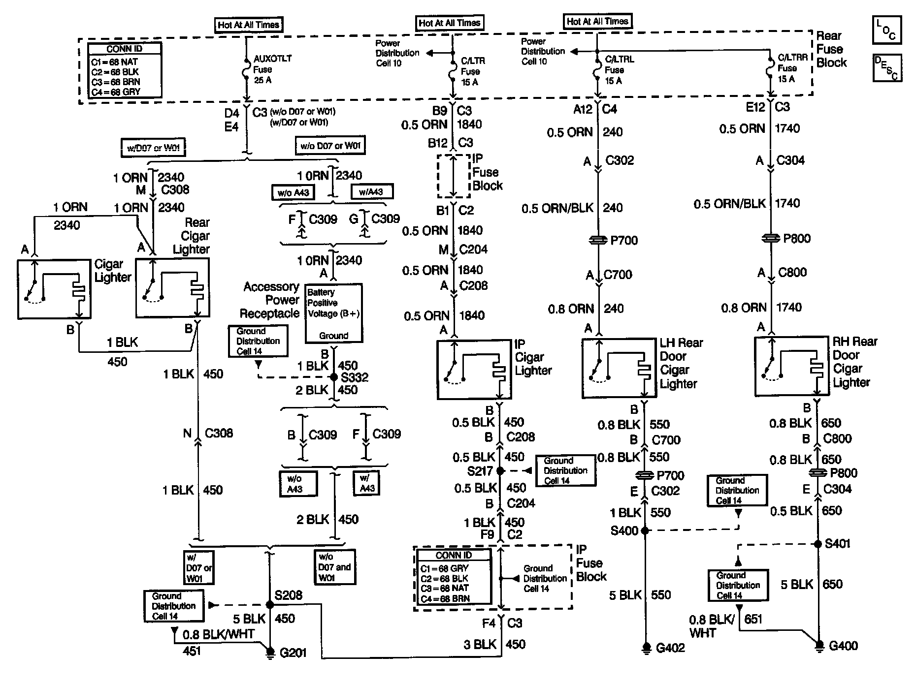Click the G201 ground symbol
click(269, 652)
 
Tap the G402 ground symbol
click(646, 648)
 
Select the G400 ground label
click(843, 646)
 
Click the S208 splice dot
click(269, 605)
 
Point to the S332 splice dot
click(334, 377)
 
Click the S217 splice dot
click(500, 471)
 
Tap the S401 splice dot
click(818, 544)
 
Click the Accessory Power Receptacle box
click(333, 313)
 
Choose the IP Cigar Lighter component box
click(474, 369)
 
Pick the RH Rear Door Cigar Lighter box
click(791, 366)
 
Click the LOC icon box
click(886, 31)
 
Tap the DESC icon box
click(886, 67)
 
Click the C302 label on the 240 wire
click(620, 160)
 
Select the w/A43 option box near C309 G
click(371, 192)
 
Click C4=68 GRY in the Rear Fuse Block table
click(115, 92)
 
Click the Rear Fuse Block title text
click(831, 49)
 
